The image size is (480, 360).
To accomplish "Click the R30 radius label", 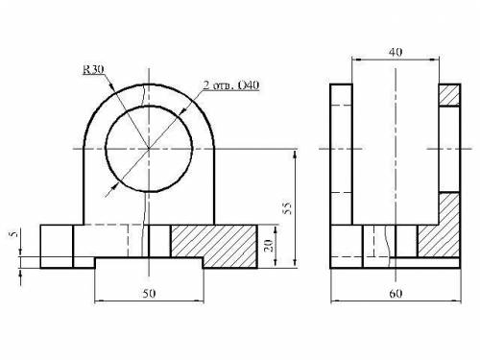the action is click(93, 70).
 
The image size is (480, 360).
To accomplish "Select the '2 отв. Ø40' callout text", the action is click(231, 85).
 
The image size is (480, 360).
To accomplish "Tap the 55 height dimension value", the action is click(288, 208).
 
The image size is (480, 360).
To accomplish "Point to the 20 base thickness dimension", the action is click(269, 246).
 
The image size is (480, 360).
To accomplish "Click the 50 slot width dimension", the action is click(149, 294).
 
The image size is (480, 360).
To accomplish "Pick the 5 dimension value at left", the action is click(13, 234).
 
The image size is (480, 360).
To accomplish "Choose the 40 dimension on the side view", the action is click(396, 52).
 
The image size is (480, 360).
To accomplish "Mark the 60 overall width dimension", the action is click(396, 294).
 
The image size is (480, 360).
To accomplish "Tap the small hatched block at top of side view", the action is click(449, 95).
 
